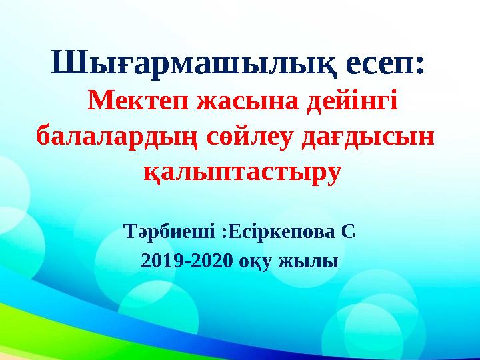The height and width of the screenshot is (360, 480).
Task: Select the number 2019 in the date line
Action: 163,261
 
